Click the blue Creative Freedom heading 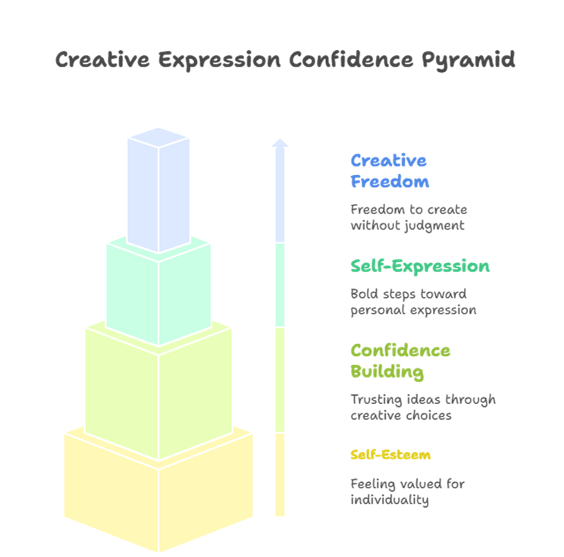point(389,171)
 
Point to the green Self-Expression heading point(419,267)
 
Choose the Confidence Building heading point(399,361)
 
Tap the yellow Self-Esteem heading point(390,455)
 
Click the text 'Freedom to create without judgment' point(409,217)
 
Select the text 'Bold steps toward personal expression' point(413,302)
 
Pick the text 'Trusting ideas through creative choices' point(422,407)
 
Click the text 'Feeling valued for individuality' point(407,492)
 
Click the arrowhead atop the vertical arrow point(280,142)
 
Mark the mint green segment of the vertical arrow point(280,285)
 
